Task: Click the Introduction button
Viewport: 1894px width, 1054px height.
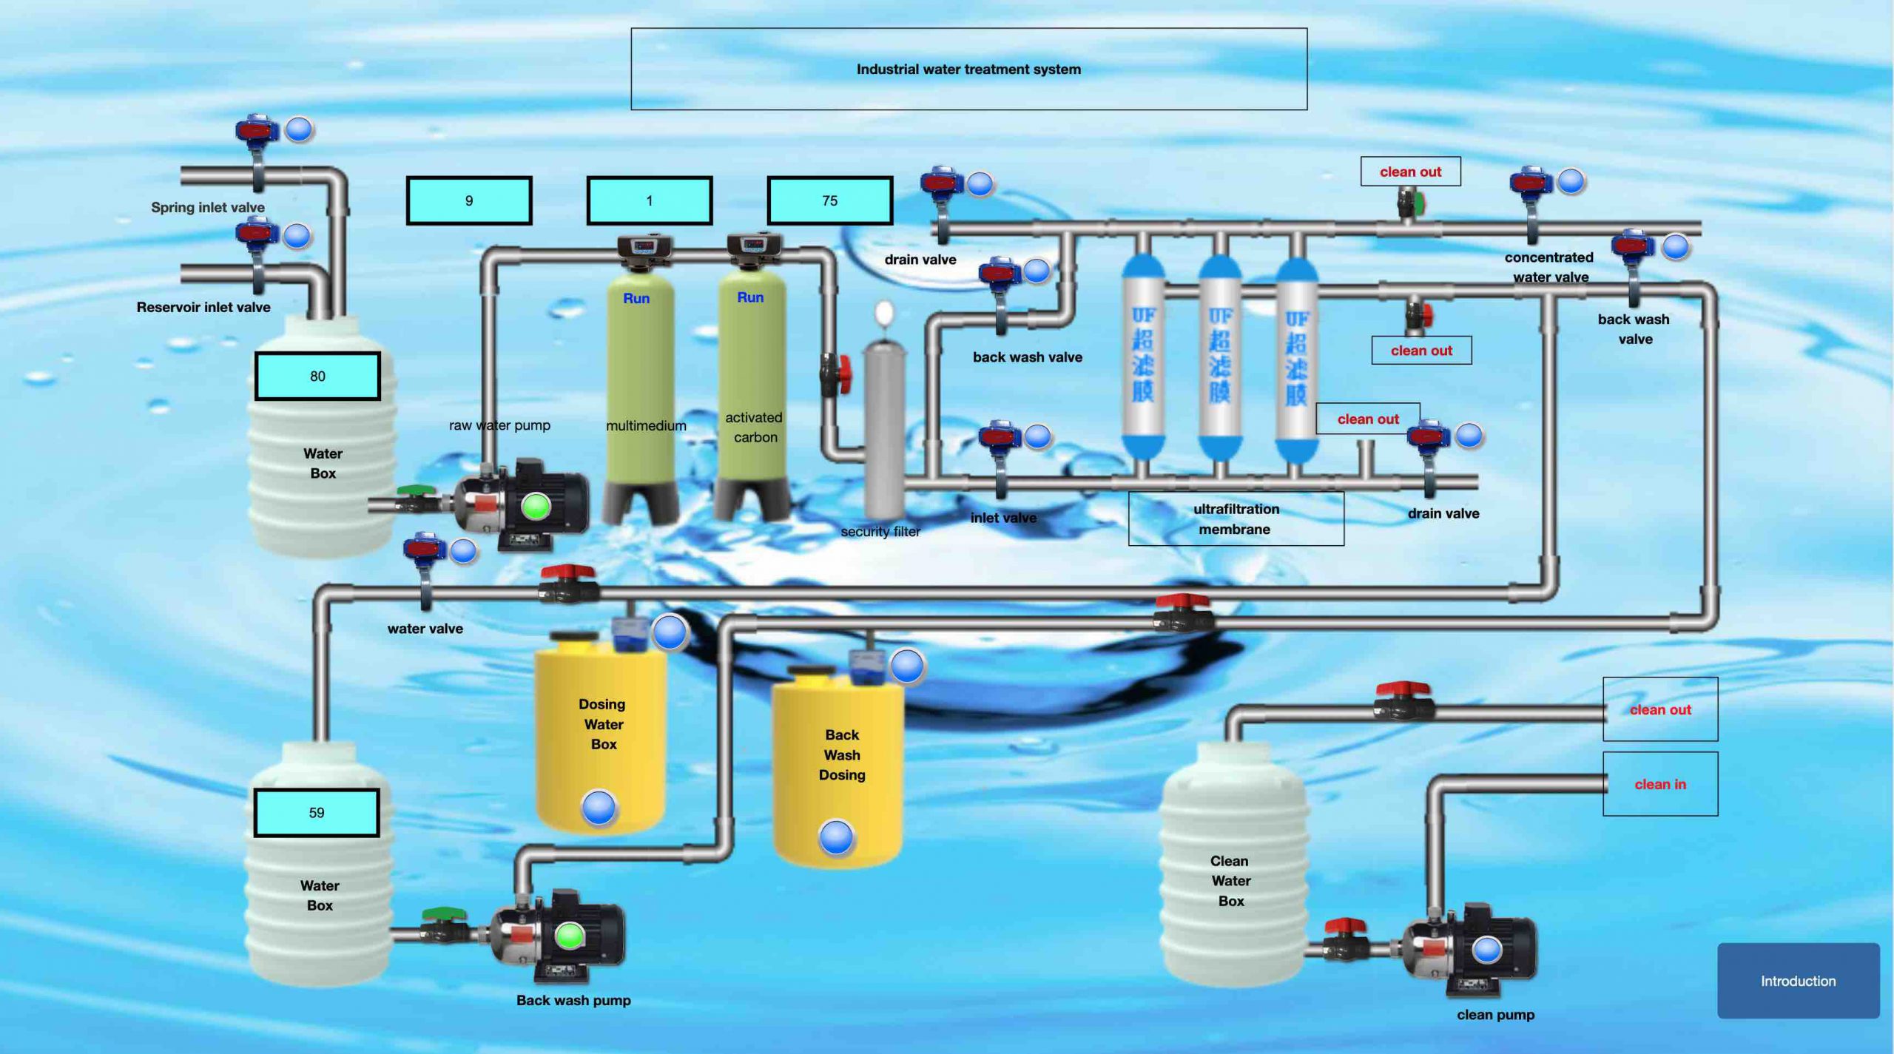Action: click(1798, 981)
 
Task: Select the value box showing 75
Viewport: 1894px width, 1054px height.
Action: click(829, 200)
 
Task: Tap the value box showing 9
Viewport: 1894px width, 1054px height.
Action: click(469, 200)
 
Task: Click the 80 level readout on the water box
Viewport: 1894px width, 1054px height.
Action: click(317, 376)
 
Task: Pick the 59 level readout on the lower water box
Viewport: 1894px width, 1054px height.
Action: click(317, 813)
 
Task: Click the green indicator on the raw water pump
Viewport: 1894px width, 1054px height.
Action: click(536, 507)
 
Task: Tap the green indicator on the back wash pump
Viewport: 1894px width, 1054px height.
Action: click(569, 936)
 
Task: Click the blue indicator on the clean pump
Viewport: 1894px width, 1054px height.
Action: click(1487, 949)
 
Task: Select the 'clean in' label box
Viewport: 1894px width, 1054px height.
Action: click(1660, 784)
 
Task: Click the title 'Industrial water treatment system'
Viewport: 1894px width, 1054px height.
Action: click(968, 69)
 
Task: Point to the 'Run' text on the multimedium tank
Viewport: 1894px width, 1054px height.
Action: click(636, 298)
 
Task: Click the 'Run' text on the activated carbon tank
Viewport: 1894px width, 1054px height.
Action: click(750, 297)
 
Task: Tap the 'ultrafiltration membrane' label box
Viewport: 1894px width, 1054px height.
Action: click(1236, 518)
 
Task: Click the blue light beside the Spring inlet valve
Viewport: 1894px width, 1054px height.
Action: click(299, 129)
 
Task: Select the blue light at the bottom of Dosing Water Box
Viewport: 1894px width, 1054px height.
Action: click(599, 807)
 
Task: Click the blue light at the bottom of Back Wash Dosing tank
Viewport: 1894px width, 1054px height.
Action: click(836, 837)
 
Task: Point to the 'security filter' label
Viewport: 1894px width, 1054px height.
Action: click(880, 531)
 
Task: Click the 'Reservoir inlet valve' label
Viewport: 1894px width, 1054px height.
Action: click(203, 307)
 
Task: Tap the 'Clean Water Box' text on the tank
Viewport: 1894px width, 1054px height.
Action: click(1230, 881)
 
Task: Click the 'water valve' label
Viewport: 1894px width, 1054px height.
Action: click(425, 629)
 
